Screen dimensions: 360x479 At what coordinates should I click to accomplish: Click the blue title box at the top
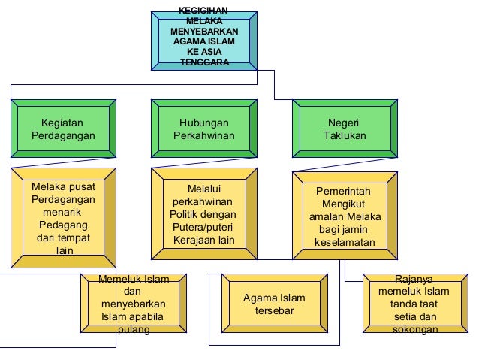204,38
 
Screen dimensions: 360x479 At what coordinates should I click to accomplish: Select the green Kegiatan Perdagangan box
63,129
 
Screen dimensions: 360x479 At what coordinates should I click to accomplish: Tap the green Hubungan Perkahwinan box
204,129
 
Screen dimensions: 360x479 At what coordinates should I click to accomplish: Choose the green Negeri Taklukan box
345,129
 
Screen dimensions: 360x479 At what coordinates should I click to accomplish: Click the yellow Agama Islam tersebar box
274,304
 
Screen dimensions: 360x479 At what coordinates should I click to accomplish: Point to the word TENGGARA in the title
204,63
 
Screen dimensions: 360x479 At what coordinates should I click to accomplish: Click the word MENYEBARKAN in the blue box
204,32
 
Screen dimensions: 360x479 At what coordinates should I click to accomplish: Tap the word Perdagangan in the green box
63,136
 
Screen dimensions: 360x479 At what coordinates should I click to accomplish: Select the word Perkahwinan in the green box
204,136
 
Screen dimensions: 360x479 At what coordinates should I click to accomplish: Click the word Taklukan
345,136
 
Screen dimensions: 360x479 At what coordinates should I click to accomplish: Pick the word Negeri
344,123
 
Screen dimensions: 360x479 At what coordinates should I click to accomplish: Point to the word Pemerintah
344,191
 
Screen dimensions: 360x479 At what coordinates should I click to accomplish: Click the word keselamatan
345,243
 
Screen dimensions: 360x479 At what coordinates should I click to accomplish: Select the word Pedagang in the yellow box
63,225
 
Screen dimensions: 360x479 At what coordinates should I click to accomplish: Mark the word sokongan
415,330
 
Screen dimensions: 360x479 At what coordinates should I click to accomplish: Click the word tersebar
274,311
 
